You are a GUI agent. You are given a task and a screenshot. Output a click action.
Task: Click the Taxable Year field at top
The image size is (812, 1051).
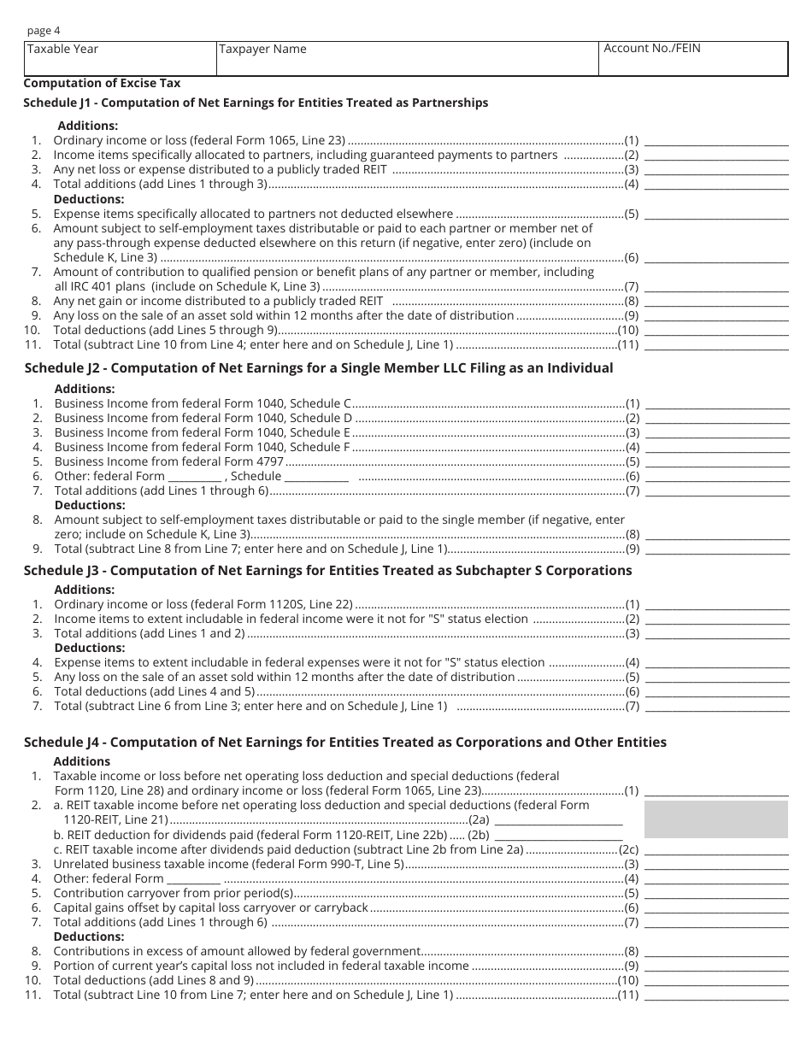(120, 58)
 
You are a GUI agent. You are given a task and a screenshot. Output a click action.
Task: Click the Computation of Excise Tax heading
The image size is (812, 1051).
(102, 83)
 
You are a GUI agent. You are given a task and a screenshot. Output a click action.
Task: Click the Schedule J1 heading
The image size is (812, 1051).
(256, 103)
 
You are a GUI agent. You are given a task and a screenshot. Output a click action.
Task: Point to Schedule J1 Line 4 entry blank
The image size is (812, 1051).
(716, 185)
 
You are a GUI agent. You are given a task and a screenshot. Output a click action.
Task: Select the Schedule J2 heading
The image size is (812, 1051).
(319, 368)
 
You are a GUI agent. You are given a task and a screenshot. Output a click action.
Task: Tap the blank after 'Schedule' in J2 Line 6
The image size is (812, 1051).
(316, 477)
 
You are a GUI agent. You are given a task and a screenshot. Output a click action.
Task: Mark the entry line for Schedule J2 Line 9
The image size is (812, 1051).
(716, 549)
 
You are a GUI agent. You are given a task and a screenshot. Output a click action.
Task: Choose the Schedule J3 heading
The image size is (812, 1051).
(328, 571)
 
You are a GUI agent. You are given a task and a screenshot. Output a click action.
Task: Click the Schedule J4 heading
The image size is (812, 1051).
(345, 743)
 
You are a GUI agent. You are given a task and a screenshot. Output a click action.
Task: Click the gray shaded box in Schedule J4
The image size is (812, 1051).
(716, 819)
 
